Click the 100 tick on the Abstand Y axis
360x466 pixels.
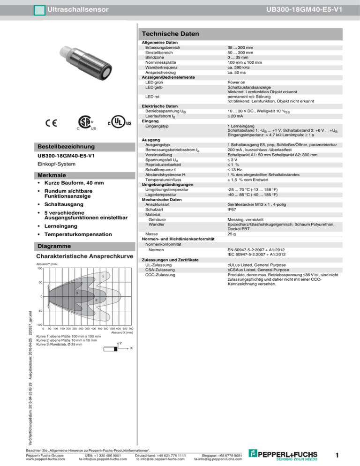tap(39, 269)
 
